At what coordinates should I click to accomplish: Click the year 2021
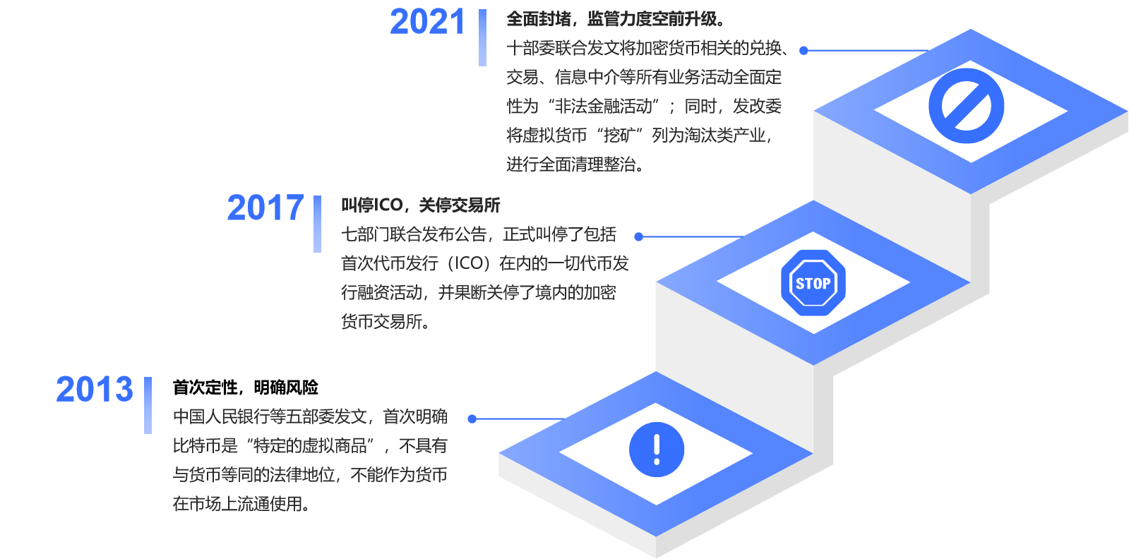point(427,22)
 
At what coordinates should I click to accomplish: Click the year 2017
point(265,208)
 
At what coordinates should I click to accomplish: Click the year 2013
point(95,390)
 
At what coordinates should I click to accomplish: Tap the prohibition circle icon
point(966,106)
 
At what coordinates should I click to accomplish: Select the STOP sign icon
point(813,283)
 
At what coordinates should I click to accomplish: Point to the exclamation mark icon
point(656,449)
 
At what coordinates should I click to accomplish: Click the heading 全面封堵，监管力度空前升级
point(616,19)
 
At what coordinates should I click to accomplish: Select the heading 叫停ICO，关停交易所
point(421,205)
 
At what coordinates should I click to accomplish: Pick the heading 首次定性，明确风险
point(246,387)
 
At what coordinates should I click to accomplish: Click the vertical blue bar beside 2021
point(482,37)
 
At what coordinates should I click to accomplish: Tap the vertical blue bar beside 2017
point(318,224)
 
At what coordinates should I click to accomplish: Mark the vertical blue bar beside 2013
point(148,405)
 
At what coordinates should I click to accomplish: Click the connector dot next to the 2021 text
point(804,50)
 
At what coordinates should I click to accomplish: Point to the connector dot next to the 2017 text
point(638,236)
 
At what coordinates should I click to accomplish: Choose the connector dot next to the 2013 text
point(472,419)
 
